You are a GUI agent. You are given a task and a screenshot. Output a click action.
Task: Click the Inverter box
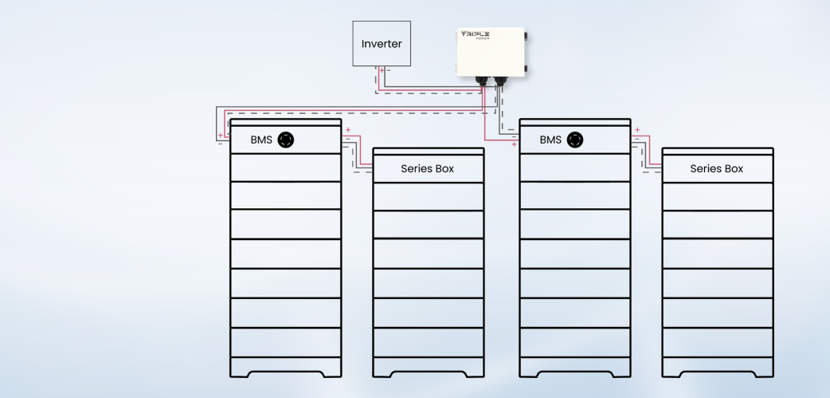click(x=382, y=44)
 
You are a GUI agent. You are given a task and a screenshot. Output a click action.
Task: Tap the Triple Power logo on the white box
click(x=475, y=35)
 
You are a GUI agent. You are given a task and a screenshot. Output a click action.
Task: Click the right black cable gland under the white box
click(x=500, y=81)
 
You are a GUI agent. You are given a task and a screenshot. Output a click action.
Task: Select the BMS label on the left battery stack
click(x=261, y=140)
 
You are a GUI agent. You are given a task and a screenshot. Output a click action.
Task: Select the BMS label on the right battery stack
click(x=550, y=140)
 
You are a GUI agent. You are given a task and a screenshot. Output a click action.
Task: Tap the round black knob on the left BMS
click(x=285, y=140)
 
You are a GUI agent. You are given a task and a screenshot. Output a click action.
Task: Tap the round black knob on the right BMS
click(x=574, y=140)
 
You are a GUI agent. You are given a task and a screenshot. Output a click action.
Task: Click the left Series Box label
click(x=428, y=169)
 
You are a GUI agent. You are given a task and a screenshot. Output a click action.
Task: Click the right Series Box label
click(x=717, y=169)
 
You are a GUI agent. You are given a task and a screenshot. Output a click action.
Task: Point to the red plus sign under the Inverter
click(x=382, y=71)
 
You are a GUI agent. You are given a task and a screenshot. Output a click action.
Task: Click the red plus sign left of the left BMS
click(x=221, y=136)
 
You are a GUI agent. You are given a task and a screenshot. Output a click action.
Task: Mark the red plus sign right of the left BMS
click(x=348, y=130)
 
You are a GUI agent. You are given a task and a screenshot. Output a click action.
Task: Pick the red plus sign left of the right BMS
click(x=514, y=145)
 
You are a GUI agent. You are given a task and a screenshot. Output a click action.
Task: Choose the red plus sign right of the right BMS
click(x=637, y=130)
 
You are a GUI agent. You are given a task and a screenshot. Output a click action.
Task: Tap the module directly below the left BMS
click(x=285, y=167)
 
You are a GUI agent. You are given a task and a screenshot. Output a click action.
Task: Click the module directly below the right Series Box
click(x=717, y=196)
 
